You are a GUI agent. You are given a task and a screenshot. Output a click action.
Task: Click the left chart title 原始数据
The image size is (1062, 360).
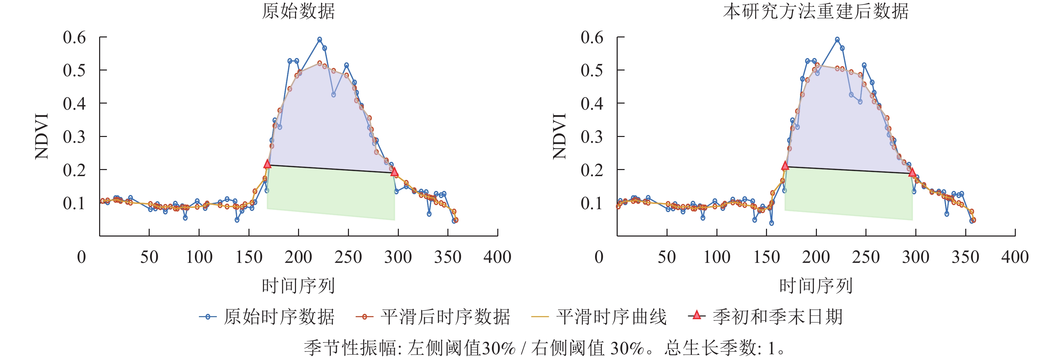[x=298, y=11]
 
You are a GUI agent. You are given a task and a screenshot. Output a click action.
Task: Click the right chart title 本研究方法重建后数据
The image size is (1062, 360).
[x=816, y=11]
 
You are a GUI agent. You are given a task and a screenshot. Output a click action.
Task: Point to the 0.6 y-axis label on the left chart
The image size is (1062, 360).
[x=74, y=37]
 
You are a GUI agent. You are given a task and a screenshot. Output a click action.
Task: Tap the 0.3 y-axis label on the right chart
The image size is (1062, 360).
[x=592, y=137]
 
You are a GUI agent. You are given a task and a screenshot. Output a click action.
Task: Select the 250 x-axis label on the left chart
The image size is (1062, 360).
[x=348, y=257]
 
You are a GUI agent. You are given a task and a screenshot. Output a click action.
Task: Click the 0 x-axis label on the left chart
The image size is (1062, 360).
[x=82, y=257]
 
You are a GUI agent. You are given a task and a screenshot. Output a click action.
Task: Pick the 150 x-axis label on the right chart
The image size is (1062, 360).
[x=766, y=257]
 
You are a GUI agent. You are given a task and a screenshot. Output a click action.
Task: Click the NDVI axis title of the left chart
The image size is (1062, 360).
[x=42, y=136]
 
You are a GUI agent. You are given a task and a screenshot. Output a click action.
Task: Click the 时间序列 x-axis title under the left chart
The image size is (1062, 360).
[x=298, y=286]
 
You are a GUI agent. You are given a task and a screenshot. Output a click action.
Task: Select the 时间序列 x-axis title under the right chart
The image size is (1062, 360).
[x=816, y=286]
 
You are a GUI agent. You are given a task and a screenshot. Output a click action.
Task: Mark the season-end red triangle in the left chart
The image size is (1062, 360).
[x=394, y=171]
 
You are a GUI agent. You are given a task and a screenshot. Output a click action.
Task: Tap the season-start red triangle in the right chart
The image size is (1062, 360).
[x=785, y=166]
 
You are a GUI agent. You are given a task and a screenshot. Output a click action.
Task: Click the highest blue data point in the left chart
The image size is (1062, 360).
[x=320, y=39]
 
